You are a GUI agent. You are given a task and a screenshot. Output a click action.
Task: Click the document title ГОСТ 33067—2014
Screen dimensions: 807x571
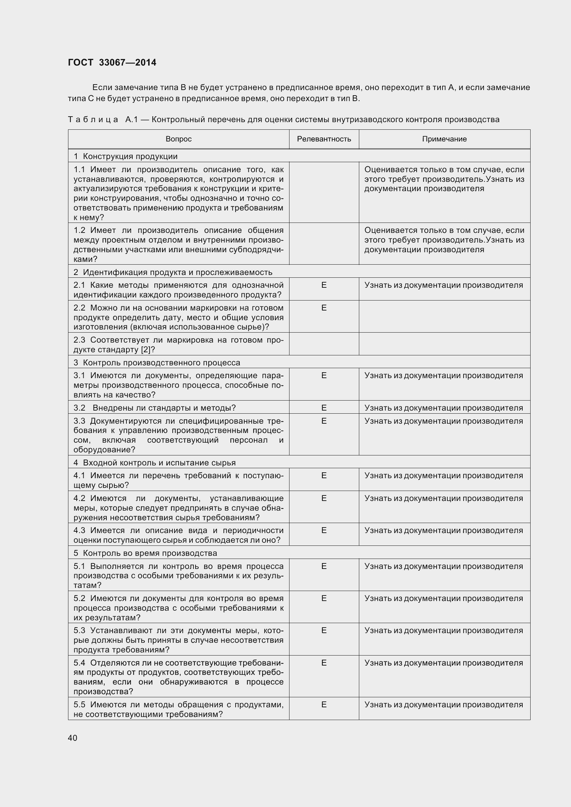[x=112, y=62]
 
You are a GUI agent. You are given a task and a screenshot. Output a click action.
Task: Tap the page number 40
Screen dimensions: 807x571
[x=73, y=738]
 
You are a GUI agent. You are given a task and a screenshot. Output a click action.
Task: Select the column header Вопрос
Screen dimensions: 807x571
[x=178, y=139]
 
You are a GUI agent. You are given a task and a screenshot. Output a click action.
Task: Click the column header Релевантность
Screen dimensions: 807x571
[x=324, y=139]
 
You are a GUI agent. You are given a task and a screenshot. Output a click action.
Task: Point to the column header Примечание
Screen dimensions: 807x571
[x=444, y=139]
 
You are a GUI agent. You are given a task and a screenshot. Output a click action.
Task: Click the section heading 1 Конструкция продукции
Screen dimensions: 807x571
[x=126, y=156]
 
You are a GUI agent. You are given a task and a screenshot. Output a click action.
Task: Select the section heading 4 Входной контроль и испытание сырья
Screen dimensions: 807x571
[x=155, y=463]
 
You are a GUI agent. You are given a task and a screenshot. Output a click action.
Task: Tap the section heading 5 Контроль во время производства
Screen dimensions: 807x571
[x=145, y=553]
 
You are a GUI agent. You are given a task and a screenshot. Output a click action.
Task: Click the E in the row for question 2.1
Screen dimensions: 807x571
[x=324, y=285]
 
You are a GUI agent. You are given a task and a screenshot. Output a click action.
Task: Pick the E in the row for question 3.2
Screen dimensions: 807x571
[x=324, y=408]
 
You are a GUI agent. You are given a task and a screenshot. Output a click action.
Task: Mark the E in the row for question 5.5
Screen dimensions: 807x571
[x=324, y=705]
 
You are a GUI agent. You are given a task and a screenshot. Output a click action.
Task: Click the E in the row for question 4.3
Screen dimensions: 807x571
[x=324, y=530]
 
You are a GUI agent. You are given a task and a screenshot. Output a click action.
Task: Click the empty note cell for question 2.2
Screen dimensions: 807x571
[x=444, y=317]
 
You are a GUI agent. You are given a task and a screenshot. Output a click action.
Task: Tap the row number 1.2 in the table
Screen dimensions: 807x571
[x=79, y=230]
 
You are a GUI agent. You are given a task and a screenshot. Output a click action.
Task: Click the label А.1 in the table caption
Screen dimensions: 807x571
[x=131, y=120]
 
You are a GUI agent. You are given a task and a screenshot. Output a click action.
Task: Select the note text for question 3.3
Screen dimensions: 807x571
[x=443, y=421]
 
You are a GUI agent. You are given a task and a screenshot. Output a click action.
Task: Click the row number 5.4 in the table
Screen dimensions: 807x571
[x=79, y=663]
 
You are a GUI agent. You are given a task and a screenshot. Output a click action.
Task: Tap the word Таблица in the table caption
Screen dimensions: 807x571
[x=93, y=120]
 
